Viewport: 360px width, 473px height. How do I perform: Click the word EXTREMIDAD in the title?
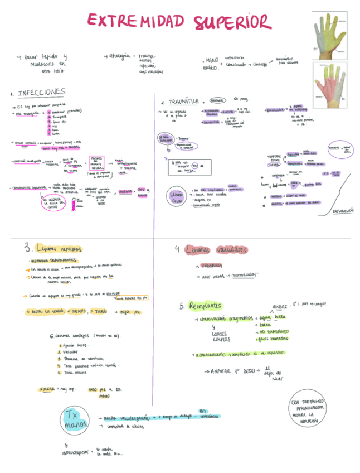pyautogui.click(x=137, y=21)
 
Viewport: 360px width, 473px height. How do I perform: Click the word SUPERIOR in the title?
pyautogui.click(x=232, y=22)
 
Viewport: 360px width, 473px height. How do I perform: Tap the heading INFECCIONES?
pyautogui.click(x=41, y=93)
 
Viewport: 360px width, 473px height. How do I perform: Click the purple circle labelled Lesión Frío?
pyautogui.click(x=177, y=197)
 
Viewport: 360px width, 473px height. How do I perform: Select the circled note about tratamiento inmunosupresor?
pyautogui.click(x=310, y=411)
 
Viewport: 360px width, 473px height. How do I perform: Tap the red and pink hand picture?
pyautogui.click(x=329, y=84)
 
